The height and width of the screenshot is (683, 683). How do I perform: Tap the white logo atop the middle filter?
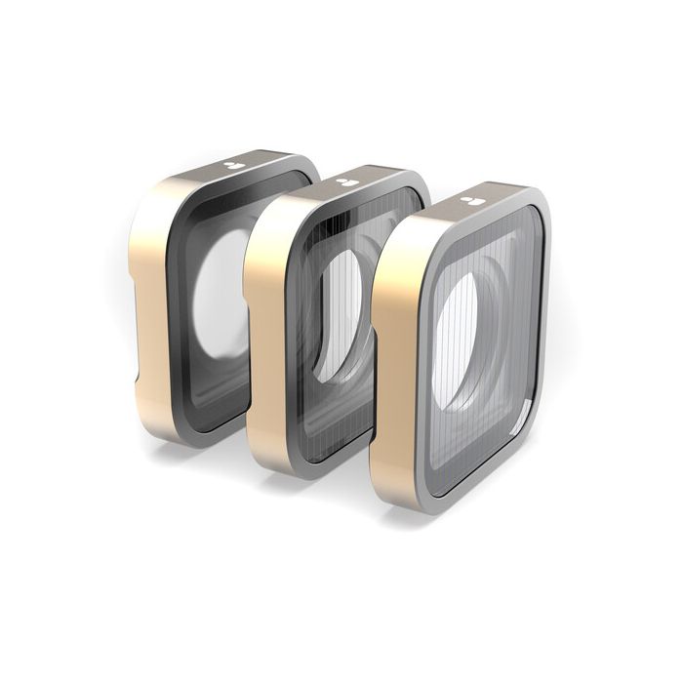coord(344,181)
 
